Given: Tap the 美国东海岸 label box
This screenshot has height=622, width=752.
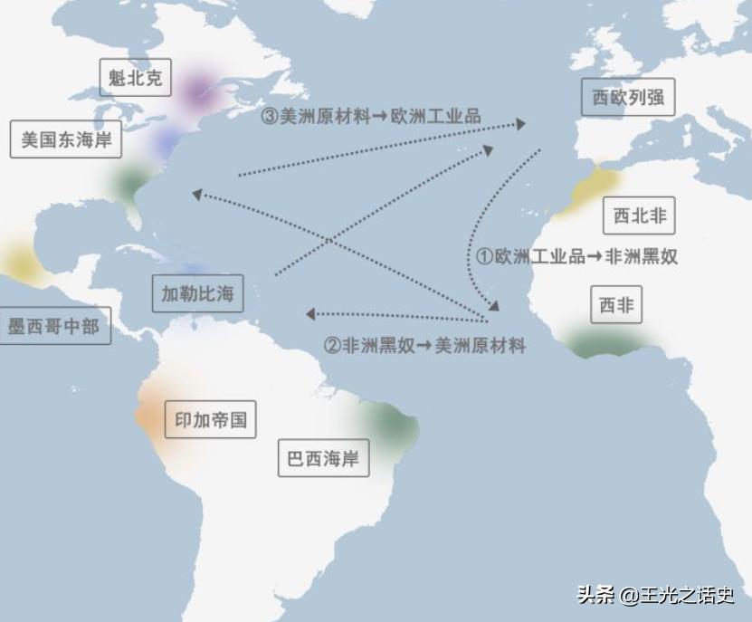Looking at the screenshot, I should (66, 140).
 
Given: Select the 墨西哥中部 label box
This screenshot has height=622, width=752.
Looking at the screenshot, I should (53, 326).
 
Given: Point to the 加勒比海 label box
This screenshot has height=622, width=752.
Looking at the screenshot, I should (197, 293).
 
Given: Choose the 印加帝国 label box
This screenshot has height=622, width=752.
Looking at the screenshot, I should (210, 420).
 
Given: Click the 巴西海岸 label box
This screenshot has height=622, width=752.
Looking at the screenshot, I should (323, 458).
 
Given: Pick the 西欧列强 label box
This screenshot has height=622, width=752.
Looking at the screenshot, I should (628, 98).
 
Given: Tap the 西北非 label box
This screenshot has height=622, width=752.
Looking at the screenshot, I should (639, 215).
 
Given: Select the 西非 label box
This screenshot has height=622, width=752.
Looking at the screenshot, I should (616, 306).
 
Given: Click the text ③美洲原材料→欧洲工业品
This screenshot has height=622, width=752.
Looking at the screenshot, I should (371, 117).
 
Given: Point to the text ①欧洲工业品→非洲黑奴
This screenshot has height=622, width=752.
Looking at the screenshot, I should (577, 256).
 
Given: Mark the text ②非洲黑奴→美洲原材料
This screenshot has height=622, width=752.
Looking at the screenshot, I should (424, 345).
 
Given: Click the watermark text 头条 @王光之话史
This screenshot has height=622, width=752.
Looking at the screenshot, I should (655, 595).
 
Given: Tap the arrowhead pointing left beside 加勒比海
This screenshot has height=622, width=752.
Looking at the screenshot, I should (310, 314).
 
